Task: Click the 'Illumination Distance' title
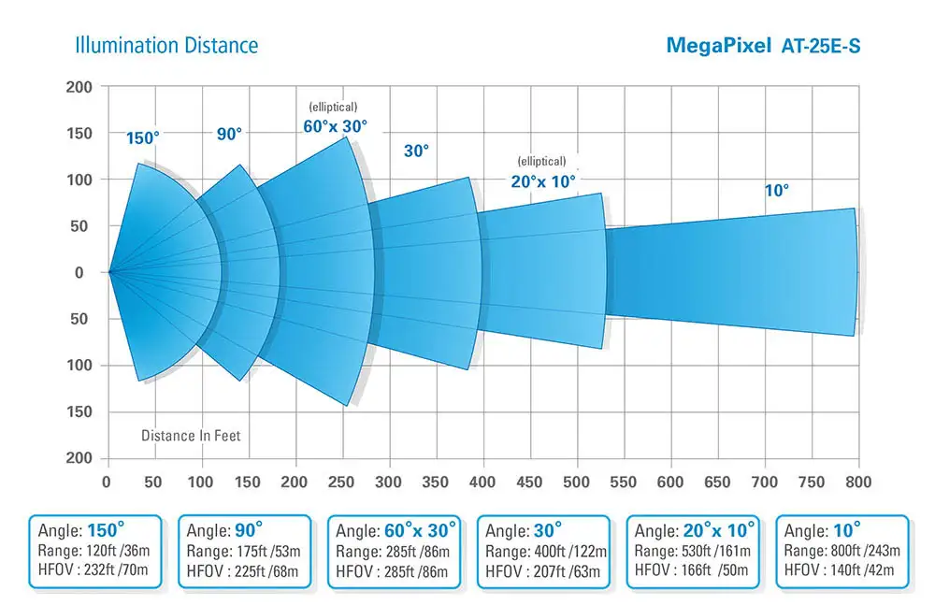[x=166, y=45]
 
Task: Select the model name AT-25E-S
[x=821, y=45]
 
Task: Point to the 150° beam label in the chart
[x=143, y=138]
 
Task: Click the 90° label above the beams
[x=229, y=134]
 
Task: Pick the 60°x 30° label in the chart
[x=335, y=125]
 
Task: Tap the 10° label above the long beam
[x=777, y=190]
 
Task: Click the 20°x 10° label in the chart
[x=543, y=180]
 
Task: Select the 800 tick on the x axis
[x=858, y=483]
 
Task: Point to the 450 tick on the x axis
[x=530, y=483]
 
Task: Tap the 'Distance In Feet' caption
[x=191, y=436]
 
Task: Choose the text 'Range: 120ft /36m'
[x=92, y=551]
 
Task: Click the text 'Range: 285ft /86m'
[x=393, y=551]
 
